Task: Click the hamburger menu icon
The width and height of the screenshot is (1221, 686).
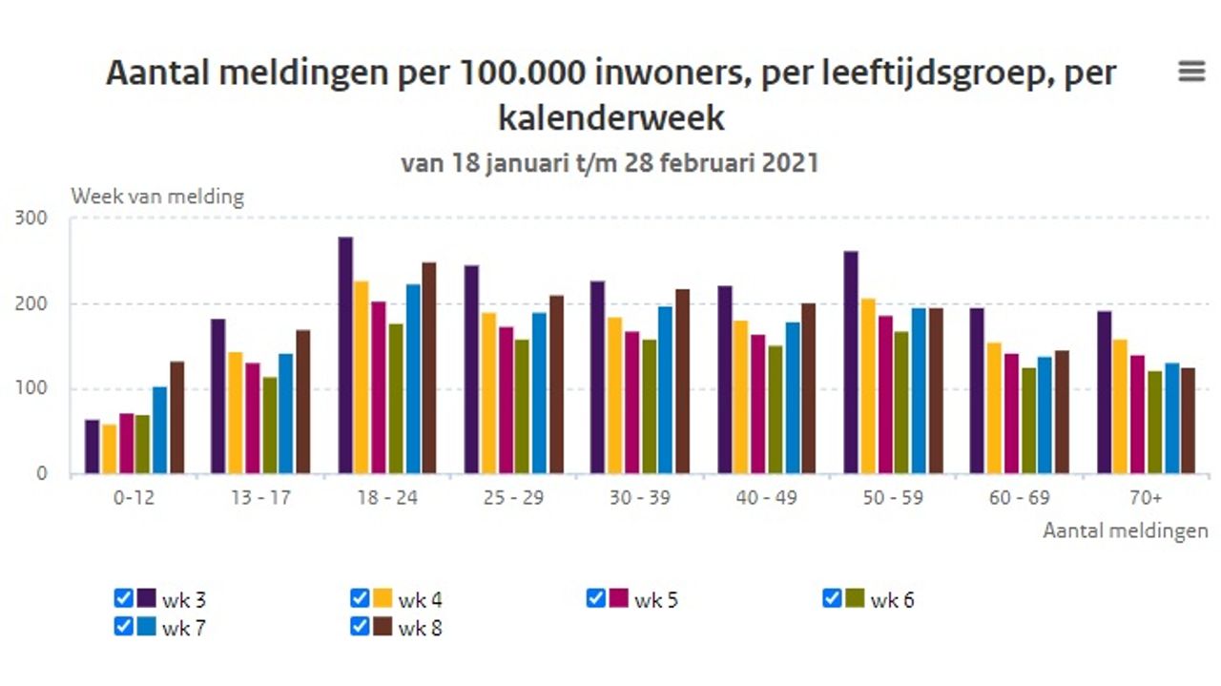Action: pyautogui.click(x=1191, y=72)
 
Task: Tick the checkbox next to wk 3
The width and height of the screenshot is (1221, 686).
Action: pyautogui.click(x=123, y=598)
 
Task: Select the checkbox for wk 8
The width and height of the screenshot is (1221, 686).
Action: pyautogui.click(x=360, y=626)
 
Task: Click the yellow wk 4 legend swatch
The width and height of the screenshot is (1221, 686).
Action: pyautogui.click(x=383, y=599)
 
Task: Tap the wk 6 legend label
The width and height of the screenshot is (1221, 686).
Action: pyautogui.click(x=892, y=600)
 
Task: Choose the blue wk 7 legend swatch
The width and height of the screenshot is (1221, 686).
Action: pyautogui.click(x=146, y=627)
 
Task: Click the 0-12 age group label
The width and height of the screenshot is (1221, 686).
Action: pyautogui.click(x=134, y=499)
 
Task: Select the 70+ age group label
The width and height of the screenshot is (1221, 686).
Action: pyautogui.click(x=1145, y=499)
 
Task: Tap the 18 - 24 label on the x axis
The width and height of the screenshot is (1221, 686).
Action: pyautogui.click(x=386, y=499)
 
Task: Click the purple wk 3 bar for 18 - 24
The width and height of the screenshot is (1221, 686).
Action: pyautogui.click(x=345, y=355)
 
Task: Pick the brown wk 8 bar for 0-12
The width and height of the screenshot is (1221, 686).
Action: pyautogui.click(x=176, y=417)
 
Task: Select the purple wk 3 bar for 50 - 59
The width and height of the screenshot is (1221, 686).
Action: pyautogui.click(x=851, y=363)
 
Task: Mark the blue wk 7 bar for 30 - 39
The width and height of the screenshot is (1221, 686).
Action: pyautogui.click(x=665, y=389)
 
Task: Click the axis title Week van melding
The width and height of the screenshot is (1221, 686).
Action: pyautogui.click(x=157, y=197)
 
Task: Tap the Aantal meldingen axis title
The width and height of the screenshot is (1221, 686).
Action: pyautogui.click(x=1125, y=530)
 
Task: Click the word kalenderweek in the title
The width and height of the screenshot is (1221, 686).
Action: pyautogui.click(x=610, y=117)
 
